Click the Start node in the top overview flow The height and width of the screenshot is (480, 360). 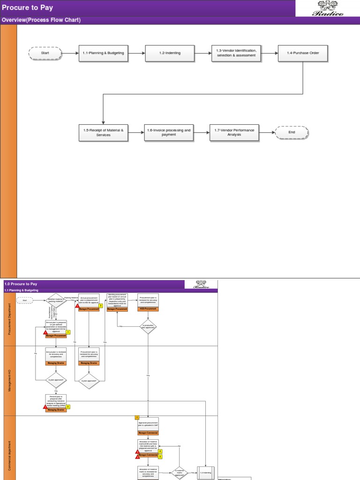pyautogui.click(x=45, y=53)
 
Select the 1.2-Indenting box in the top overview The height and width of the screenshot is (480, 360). pyautogui.click(x=169, y=53)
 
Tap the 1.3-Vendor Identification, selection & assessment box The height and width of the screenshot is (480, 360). pyautogui.click(x=236, y=53)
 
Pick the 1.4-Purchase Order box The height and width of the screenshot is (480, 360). pyautogui.click(x=303, y=53)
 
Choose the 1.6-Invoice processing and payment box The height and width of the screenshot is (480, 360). pyautogui.click(x=169, y=132)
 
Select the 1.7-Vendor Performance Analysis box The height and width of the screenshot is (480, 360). pyautogui.click(x=234, y=132)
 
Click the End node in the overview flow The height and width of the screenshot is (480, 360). pyautogui.click(x=292, y=132)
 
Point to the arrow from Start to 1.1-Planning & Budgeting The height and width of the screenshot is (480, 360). pyautogui.click(x=70, y=53)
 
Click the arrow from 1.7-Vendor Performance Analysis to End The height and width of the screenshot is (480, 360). pyautogui.click(x=266, y=132)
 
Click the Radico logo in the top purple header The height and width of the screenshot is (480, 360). pyautogui.click(x=328, y=8)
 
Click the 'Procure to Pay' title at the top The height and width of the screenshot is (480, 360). pyautogui.click(x=27, y=7)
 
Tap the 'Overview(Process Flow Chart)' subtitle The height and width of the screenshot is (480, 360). pyautogui.click(x=41, y=20)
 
